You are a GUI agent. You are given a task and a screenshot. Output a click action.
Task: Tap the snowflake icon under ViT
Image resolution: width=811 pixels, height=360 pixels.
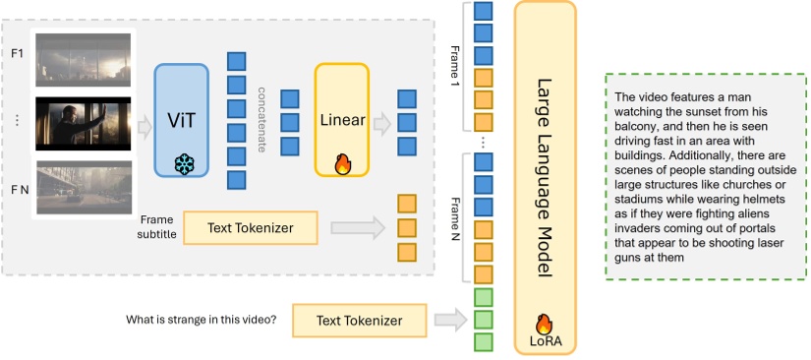click(x=182, y=164)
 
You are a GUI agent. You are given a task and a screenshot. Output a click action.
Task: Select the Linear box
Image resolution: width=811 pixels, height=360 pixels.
click(x=341, y=119)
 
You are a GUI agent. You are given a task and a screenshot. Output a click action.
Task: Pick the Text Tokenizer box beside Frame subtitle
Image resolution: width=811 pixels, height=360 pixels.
click(x=250, y=228)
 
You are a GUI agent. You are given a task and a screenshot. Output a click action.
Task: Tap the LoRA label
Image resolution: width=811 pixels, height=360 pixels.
click(x=542, y=341)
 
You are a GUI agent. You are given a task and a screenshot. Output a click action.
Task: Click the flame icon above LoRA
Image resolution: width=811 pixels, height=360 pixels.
click(x=542, y=324)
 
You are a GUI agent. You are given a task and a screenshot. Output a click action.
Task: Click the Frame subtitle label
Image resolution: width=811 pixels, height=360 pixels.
click(x=157, y=227)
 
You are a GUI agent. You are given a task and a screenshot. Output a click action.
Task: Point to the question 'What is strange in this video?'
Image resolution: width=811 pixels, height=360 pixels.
click(x=202, y=320)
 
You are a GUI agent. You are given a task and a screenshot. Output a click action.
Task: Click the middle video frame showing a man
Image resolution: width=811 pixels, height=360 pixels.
click(x=83, y=122)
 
